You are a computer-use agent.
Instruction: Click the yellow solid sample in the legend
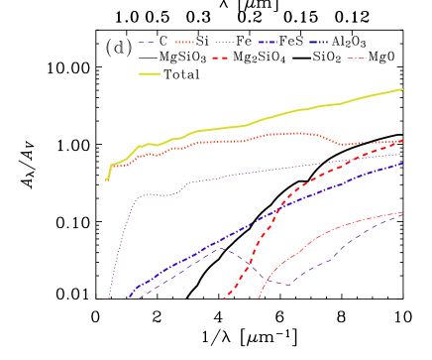tap(149, 73)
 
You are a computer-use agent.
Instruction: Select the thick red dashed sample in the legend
tap(220, 59)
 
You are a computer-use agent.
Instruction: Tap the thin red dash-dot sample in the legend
tap(357, 59)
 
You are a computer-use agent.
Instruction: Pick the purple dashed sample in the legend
tap(147, 43)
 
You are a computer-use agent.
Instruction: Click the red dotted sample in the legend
tap(184, 43)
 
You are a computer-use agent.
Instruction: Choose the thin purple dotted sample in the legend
tap(224, 43)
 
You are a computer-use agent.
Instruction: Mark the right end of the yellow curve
tap(402, 89)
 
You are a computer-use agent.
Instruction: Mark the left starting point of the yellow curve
tap(106, 180)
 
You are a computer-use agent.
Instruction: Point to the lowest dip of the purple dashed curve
tap(285, 286)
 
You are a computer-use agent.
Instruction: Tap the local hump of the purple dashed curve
tap(220, 248)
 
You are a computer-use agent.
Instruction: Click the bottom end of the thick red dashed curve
tap(225, 299)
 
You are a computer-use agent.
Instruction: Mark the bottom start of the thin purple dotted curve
tap(108, 297)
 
